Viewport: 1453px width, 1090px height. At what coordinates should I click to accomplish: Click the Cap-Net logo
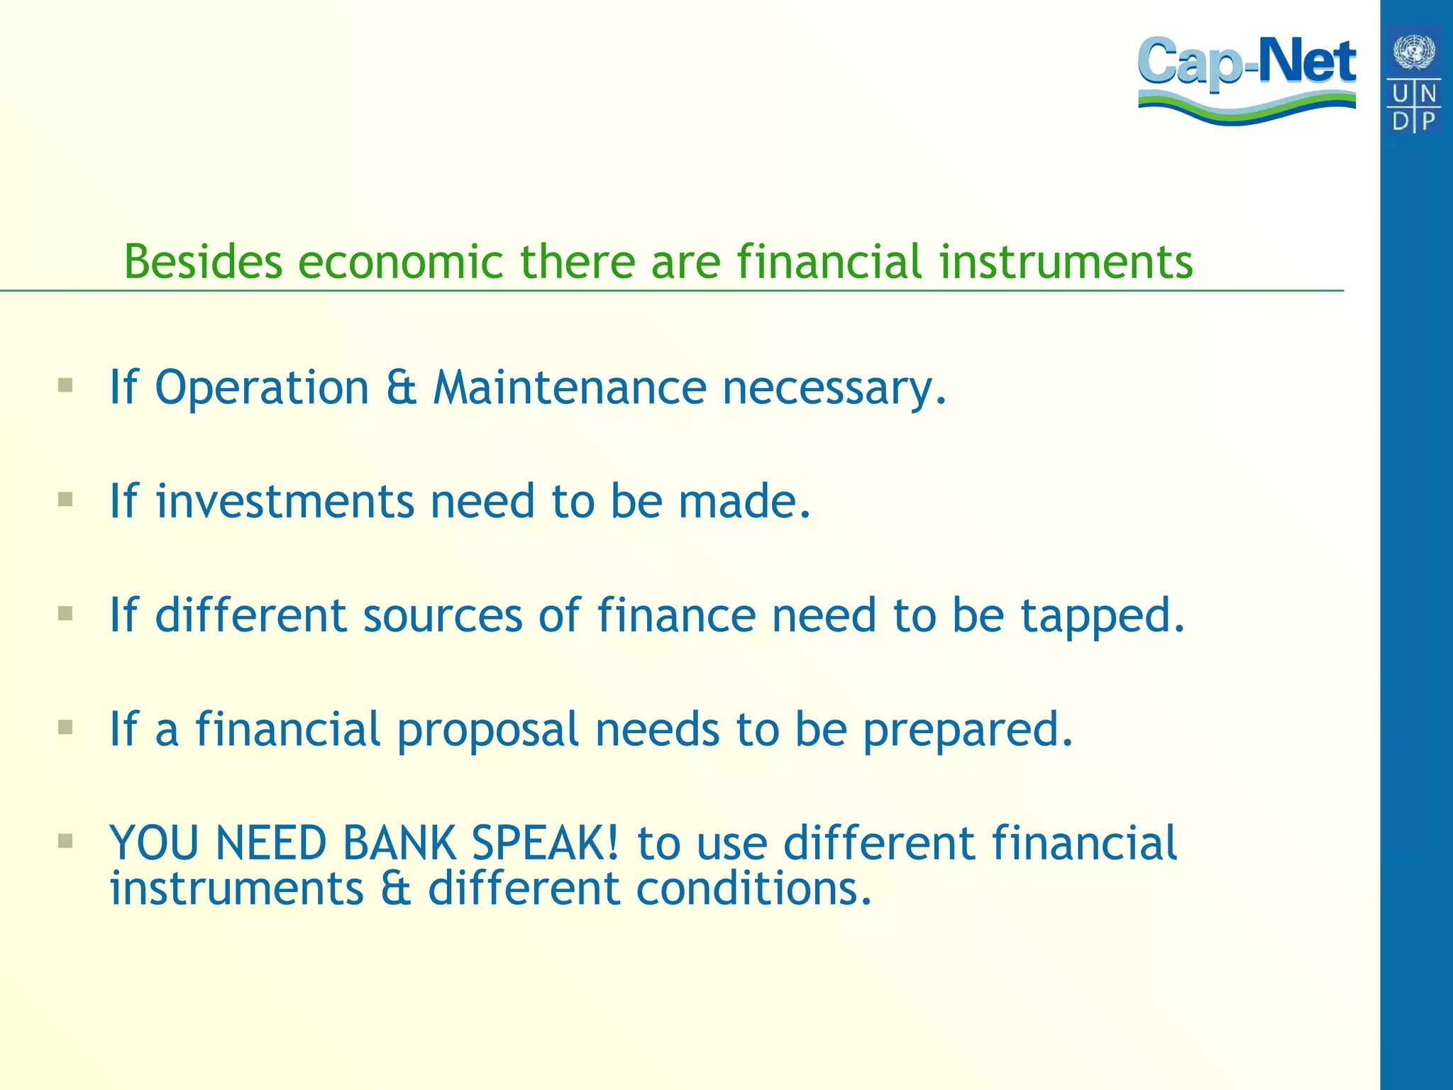click(x=1247, y=78)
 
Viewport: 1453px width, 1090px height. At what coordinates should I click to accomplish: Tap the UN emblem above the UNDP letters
click(x=1414, y=52)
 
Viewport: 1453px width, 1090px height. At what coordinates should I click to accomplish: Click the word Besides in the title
click(x=203, y=262)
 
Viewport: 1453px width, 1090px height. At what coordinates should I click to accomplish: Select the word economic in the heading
click(x=400, y=262)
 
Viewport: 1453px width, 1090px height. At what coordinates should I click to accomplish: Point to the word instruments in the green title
click(x=1066, y=262)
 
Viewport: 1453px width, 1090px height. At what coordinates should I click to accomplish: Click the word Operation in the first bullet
click(x=262, y=389)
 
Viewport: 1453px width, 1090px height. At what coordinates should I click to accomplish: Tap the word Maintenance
click(x=570, y=389)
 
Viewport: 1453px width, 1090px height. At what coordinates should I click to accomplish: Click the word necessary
click(x=834, y=389)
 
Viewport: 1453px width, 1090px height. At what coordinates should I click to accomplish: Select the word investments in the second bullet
click(x=284, y=502)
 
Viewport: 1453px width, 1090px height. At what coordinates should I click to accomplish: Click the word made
click(x=744, y=502)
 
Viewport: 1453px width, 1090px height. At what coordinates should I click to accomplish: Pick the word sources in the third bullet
click(x=443, y=615)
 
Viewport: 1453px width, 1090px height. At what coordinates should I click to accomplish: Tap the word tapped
click(x=1103, y=615)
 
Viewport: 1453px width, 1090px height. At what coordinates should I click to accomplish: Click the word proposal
click(x=487, y=730)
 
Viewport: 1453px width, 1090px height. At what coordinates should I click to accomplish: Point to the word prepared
click(x=968, y=730)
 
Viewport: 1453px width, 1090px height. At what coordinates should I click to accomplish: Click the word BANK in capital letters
click(x=399, y=844)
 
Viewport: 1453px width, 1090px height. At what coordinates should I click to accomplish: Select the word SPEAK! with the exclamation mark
click(x=546, y=844)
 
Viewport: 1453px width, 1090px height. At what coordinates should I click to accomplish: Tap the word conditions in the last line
click(x=753, y=889)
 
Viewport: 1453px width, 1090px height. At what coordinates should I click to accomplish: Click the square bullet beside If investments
click(x=66, y=500)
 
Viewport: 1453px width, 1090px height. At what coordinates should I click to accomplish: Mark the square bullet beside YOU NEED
click(x=66, y=842)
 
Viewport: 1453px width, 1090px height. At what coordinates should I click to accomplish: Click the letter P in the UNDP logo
click(x=1428, y=120)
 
